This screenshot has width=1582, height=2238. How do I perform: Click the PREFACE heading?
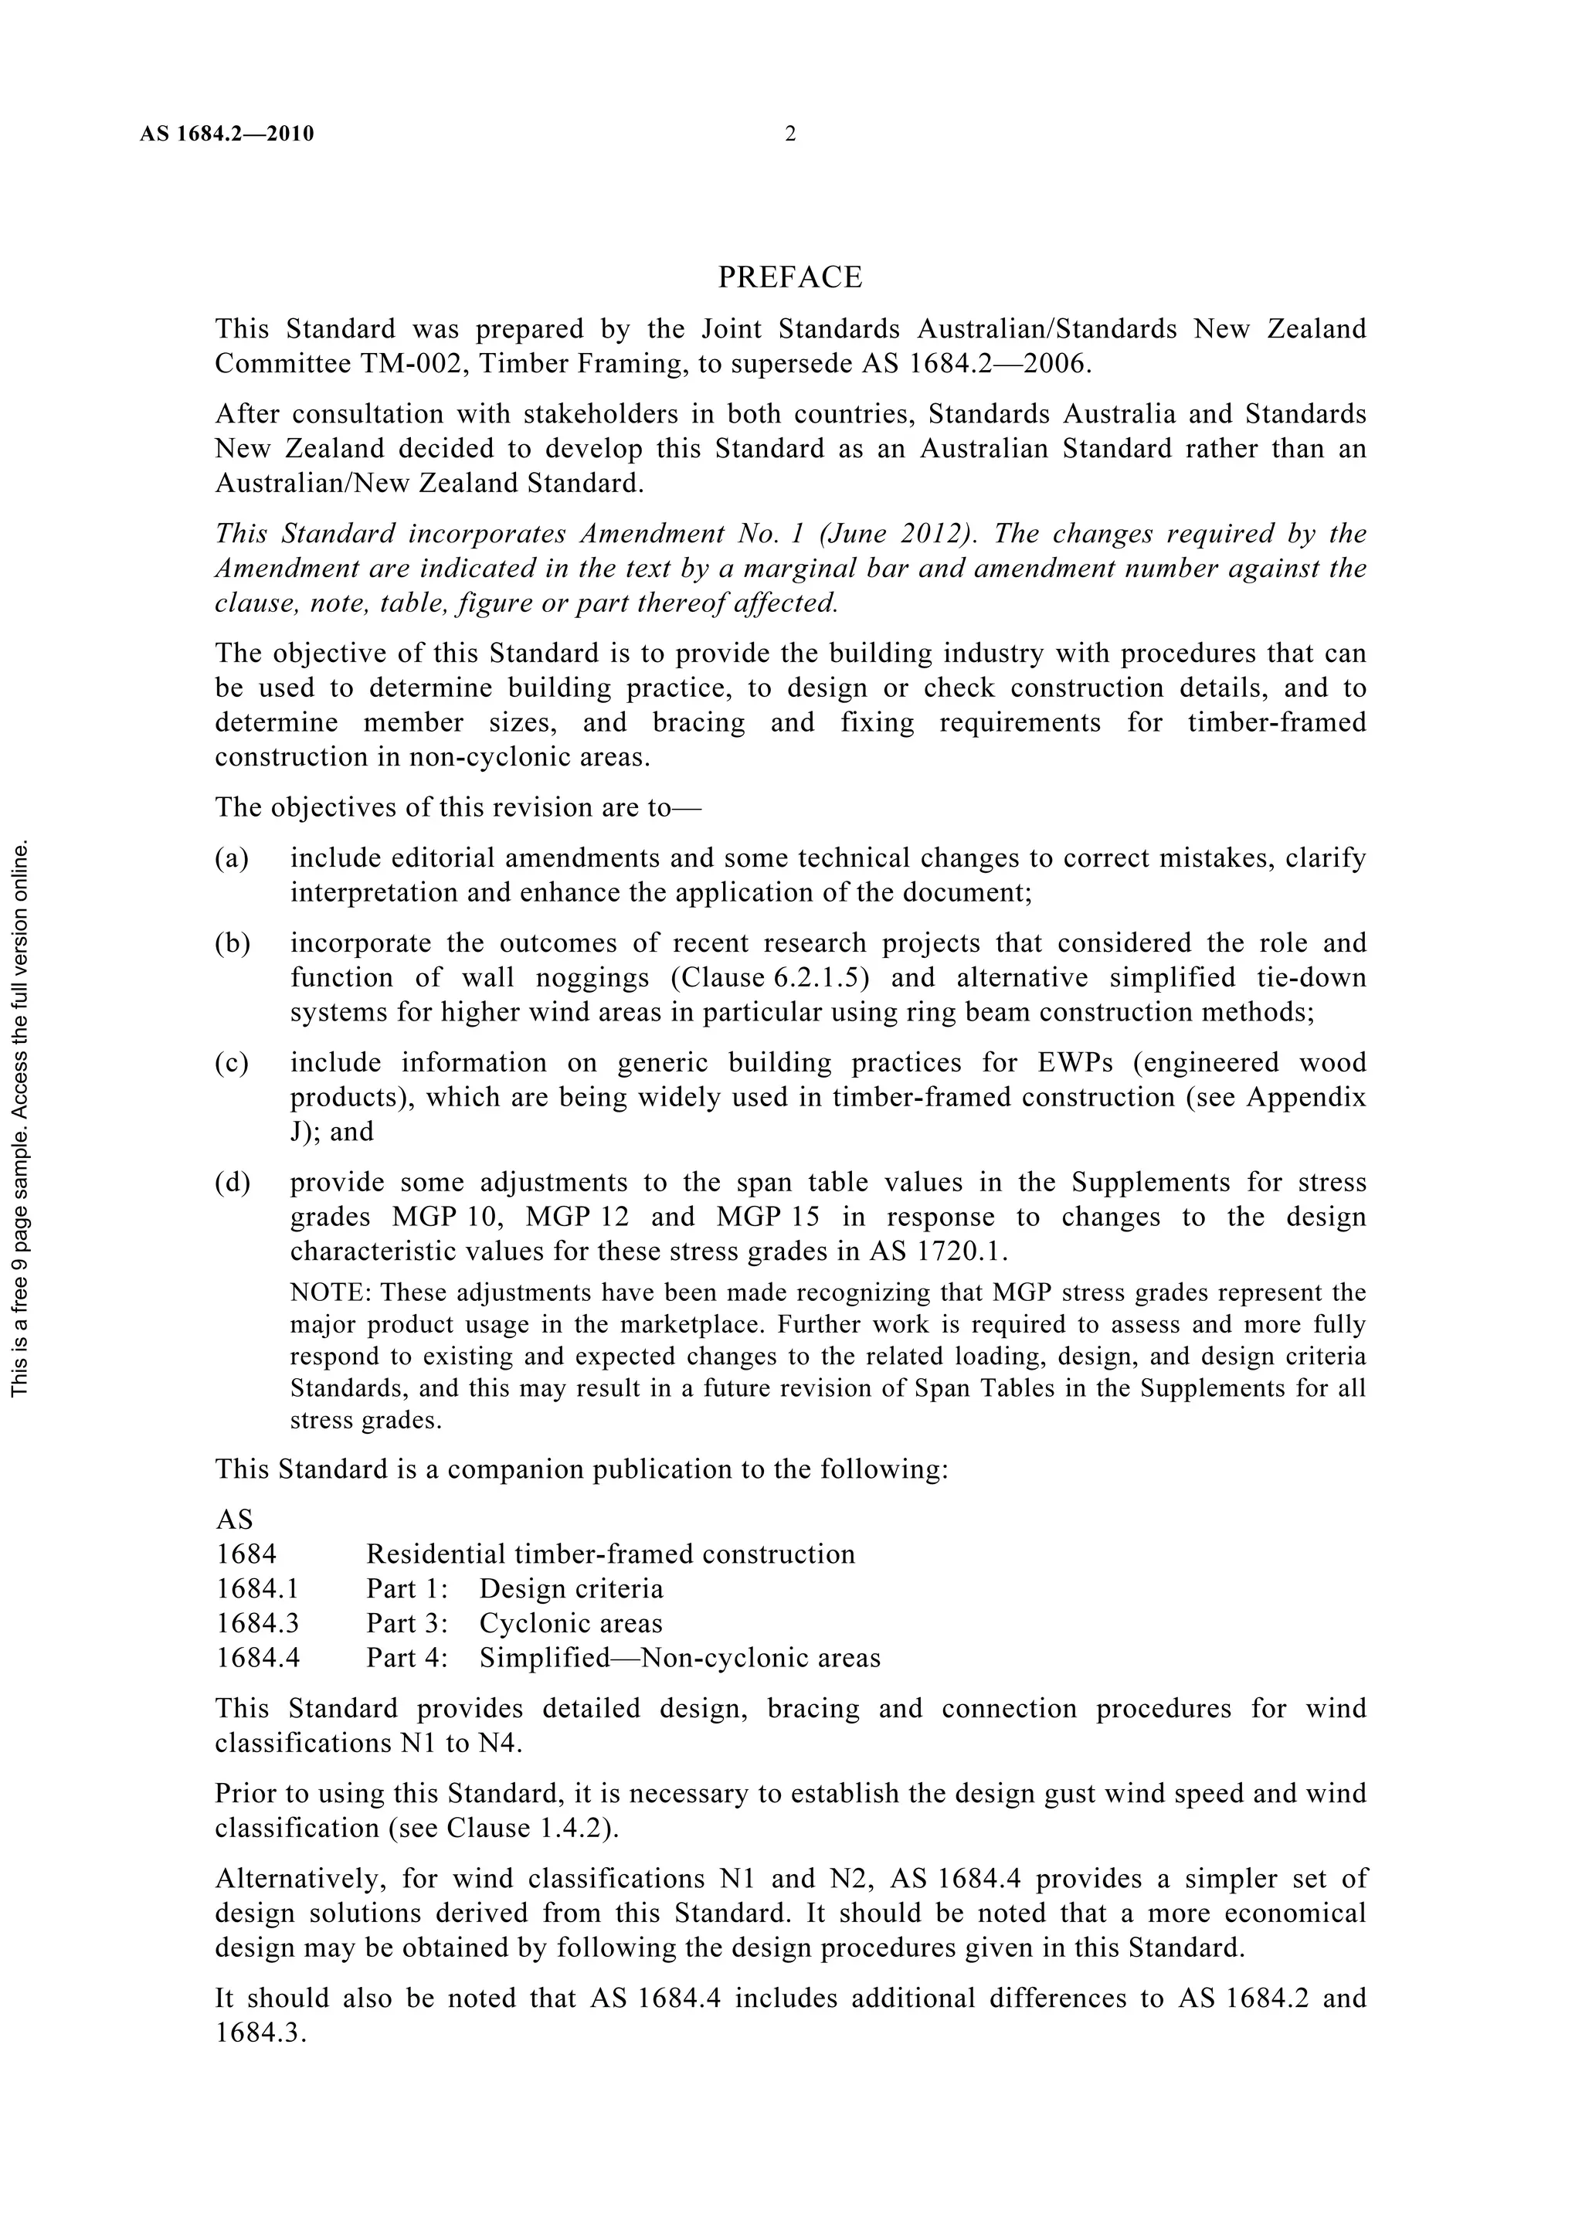[x=789, y=278]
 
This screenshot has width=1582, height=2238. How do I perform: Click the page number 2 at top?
[x=789, y=134]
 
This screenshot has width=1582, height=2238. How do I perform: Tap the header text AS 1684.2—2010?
[x=226, y=134]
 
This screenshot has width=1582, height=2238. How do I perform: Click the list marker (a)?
[x=232, y=858]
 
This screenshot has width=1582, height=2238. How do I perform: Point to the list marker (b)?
[x=232, y=942]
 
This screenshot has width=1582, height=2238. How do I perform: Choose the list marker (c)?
[x=232, y=1061]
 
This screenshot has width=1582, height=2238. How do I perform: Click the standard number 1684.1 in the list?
[x=257, y=1589]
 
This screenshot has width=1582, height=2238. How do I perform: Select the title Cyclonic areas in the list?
[x=570, y=1623]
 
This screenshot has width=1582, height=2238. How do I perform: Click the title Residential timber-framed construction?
[x=610, y=1554]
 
